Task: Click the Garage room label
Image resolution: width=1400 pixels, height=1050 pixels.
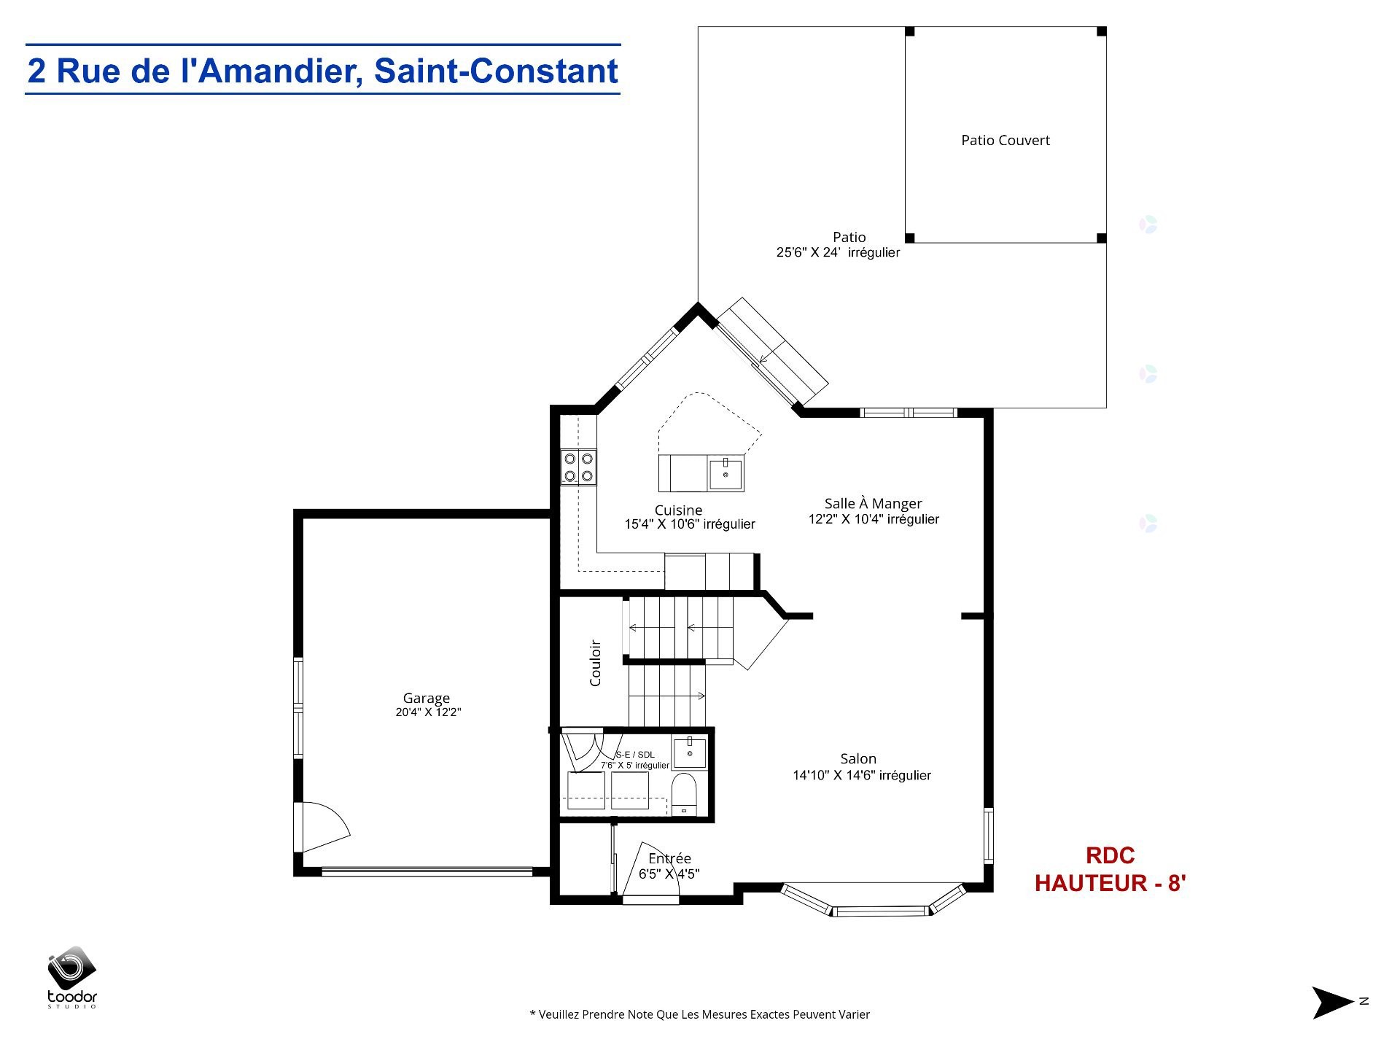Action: pyautogui.click(x=427, y=698)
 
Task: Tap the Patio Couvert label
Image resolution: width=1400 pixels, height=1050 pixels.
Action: pyautogui.click(x=1006, y=140)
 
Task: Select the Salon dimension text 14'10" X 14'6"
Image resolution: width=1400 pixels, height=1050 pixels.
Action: pyautogui.click(x=862, y=776)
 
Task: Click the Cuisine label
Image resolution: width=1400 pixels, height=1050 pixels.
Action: pyautogui.click(x=678, y=510)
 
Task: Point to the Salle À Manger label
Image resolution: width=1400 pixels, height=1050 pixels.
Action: pyautogui.click(x=873, y=503)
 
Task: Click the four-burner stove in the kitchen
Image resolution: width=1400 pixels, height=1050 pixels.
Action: pyautogui.click(x=578, y=467)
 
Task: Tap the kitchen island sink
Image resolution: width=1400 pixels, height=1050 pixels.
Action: pyautogui.click(x=726, y=474)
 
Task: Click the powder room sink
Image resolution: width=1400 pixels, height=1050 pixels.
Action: pyautogui.click(x=689, y=752)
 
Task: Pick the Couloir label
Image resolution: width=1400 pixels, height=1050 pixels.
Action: pyautogui.click(x=595, y=663)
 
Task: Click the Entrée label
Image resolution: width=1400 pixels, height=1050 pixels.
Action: pyautogui.click(x=669, y=858)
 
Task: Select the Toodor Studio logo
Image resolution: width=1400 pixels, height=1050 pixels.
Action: pyautogui.click(x=72, y=977)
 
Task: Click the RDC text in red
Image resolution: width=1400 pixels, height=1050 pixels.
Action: pyautogui.click(x=1110, y=855)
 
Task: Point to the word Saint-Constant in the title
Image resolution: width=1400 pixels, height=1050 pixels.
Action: pyautogui.click(x=496, y=71)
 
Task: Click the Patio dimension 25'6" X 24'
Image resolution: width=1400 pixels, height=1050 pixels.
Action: pyautogui.click(x=838, y=253)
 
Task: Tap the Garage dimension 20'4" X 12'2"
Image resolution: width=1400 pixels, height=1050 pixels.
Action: pyautogui.click(x=428, y=712)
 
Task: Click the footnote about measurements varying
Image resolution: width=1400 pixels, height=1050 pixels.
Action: pyautogui.click(x=699, y=1014)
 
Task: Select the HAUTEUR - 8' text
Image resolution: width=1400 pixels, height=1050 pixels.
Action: pyautogui.click(x=1110, y=883)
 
